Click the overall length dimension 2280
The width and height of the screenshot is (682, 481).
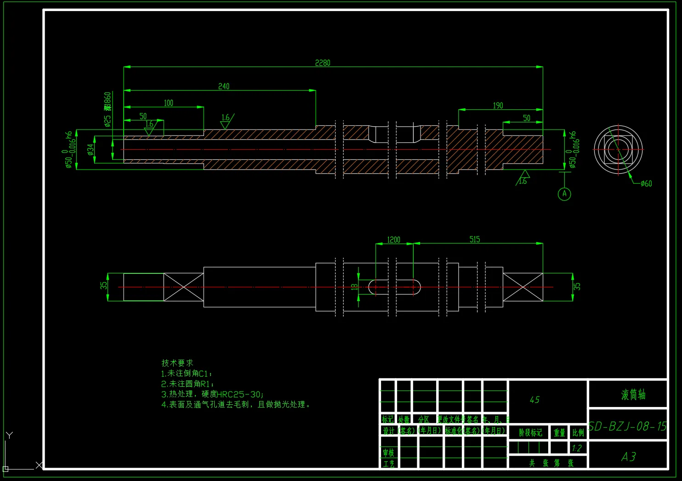[x=323, y=63]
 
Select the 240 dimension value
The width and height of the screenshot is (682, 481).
[x=224, y=86]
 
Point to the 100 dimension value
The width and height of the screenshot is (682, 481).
[x=169, y=103]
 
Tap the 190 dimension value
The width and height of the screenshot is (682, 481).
[x=498, y=106]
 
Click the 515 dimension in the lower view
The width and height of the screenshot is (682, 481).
[x=475, y=239]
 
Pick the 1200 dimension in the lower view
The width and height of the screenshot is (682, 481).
[x=394, y=240]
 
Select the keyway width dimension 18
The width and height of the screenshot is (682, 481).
[x=354, y=287]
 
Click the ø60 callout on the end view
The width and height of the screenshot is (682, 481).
[x=646, y=184]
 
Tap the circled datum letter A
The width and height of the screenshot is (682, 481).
[x=565, y=194]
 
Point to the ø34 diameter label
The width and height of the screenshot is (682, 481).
[x=91, y=149]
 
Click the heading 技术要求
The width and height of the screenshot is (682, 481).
[x=177, y=363]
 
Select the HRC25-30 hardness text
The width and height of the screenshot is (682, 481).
[x=239, y=394]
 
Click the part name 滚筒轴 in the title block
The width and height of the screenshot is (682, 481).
[x=633, y=395]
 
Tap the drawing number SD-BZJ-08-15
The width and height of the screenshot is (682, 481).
[x=628, y=427]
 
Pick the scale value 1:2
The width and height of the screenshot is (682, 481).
[x=577, y=448]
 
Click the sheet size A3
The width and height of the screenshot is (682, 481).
[x=628, y=457]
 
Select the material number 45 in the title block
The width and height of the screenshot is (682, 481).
[x=534, y=400]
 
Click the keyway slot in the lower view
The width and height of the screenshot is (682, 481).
[x=395, y=287]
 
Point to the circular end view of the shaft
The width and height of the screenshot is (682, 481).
[x=618, y=149]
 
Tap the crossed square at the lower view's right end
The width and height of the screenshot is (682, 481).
[x=523, y=287]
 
